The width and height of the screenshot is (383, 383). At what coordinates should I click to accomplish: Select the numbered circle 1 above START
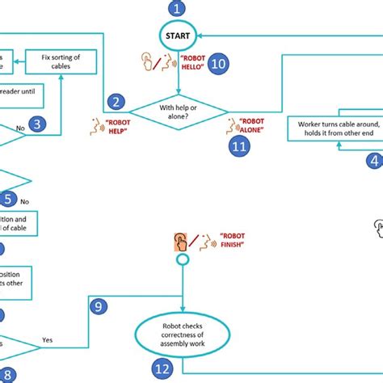176,10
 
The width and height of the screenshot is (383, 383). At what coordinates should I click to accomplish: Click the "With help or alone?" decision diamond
177,111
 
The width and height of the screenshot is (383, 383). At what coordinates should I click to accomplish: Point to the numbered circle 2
117,102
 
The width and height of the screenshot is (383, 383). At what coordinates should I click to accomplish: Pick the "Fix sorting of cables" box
61,61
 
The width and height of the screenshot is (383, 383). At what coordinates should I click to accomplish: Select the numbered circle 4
373,161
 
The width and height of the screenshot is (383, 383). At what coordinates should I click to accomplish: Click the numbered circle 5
6,199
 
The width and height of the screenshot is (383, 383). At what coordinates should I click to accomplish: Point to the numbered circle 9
97,305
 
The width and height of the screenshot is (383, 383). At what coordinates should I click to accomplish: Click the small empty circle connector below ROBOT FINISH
183,260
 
